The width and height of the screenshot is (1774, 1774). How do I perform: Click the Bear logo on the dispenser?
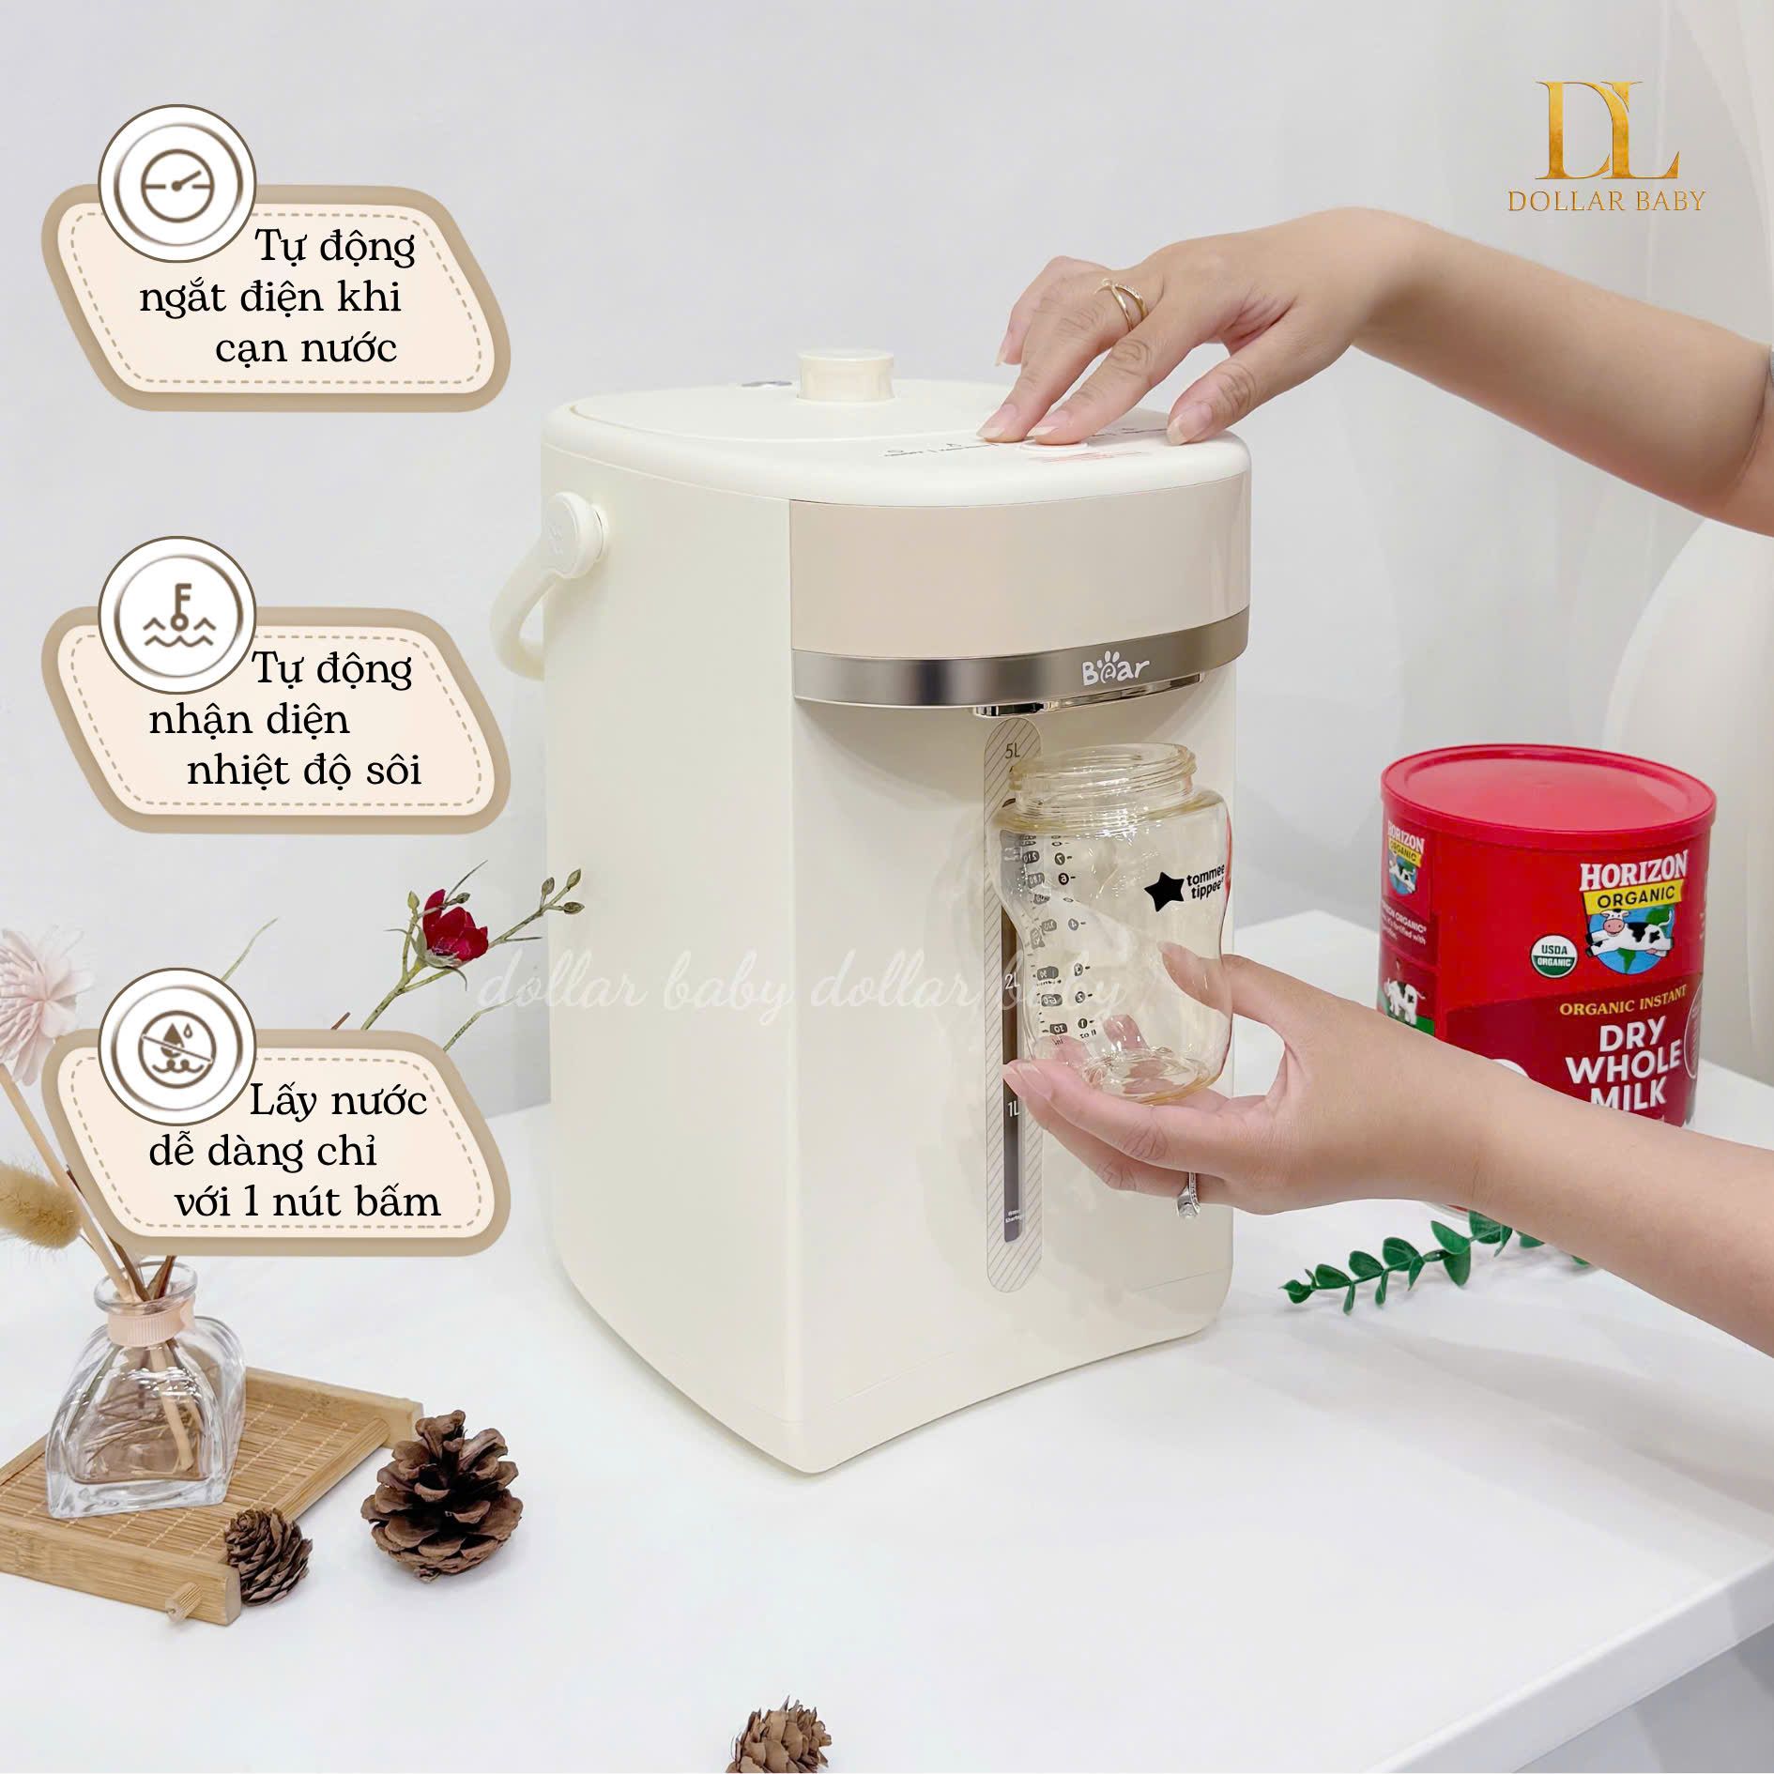tap(1115, 672)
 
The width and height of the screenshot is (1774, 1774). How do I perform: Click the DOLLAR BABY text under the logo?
tap(1606, 201)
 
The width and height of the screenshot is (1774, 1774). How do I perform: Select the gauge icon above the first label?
tap(177, 184)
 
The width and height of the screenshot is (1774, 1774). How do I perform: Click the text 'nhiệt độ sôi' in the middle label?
tap(304, 770)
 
